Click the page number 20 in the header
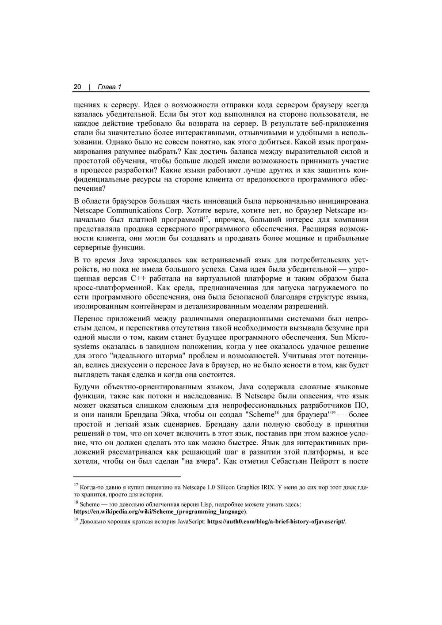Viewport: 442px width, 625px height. pos(77,87)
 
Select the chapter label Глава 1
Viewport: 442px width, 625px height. pos(109,87)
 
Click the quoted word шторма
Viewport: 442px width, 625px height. pos(168,356)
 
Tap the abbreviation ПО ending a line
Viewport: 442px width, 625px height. pos(362,405)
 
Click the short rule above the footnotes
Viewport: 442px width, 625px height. pos(127,477)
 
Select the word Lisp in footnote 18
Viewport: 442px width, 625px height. pos(207,504)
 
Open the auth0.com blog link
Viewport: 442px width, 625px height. pos(276,522)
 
